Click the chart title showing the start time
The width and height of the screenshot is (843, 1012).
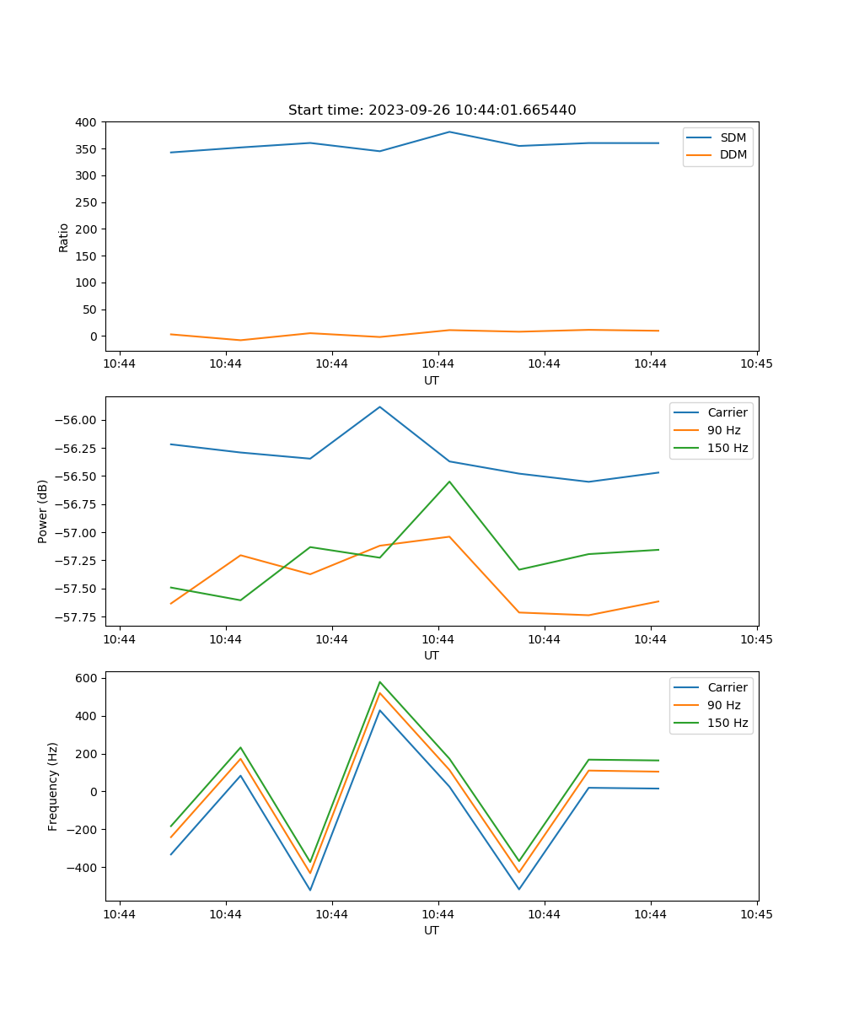click(432, 110)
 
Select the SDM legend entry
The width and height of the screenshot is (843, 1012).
click(733, 137)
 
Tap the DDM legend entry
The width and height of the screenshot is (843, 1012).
click(733, 154)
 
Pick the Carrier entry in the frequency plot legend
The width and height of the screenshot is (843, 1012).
click(728, 687)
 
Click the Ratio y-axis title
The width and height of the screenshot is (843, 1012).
click(64, 237)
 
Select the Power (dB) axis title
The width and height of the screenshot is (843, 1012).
click(43, 511)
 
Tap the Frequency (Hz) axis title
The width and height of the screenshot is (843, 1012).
click(53, 786)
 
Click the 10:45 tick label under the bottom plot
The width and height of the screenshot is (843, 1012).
click(756, 914)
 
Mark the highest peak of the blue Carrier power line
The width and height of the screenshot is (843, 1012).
click(379, 406)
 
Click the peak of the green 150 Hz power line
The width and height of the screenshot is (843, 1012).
click(449, 482)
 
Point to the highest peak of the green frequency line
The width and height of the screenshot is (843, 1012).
click(379, 681)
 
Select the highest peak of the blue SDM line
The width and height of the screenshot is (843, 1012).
click(449, 132)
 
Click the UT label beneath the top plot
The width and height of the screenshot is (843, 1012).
click(432, 380)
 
